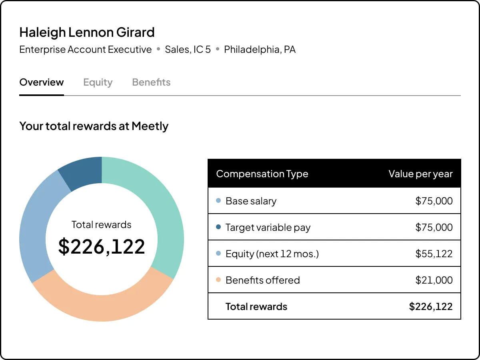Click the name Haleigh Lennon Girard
(x=87, y=32)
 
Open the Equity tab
(x=98, y=82)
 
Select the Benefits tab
(x=151, y=82)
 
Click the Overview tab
(x=42, y=82)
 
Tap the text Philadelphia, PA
(x=260, y=50)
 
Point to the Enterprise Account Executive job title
(x=86, y=50)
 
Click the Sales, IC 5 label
(x=188, y=50)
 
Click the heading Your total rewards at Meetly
(x=94, y=126)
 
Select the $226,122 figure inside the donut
(x=102, y=246)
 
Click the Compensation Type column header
(x=262, y=174)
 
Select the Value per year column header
(x=420, y=174)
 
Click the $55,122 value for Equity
(x=434, y=254)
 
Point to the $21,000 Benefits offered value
(x=434, y=280)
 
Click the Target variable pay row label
(x=268, y=228)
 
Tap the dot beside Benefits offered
(x=218, y=280)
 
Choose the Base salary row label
(x=251, y=201)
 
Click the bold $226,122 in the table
(x=431, y=307)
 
